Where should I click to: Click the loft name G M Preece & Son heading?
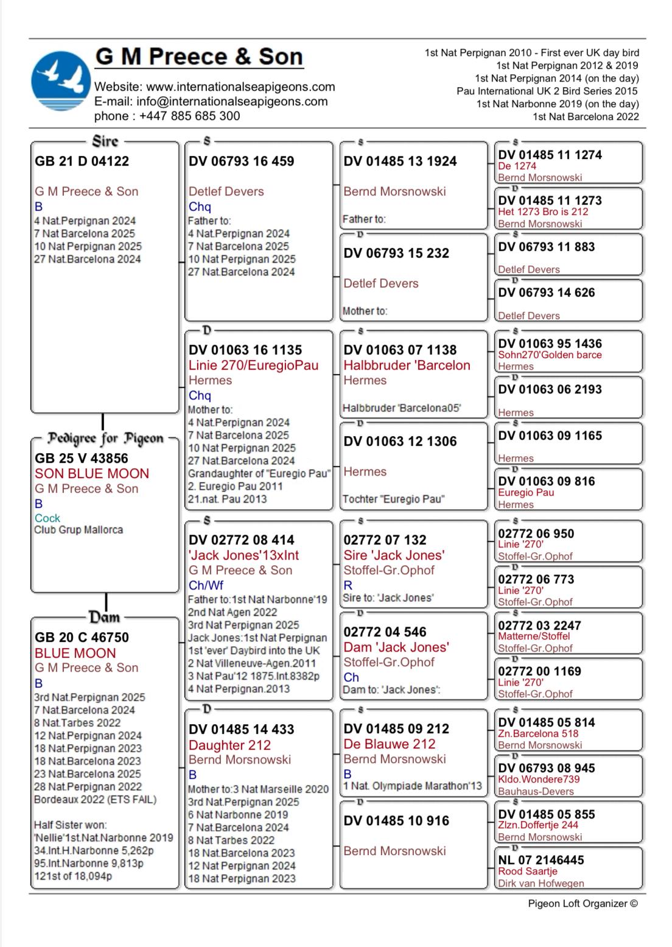[199, 57]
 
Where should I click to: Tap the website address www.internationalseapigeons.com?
[240, 86]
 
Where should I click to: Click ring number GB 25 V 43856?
[82, 459]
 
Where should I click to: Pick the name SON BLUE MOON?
[92, 474]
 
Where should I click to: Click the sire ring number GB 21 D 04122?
[82, 161]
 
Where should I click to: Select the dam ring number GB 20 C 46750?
[82, 638]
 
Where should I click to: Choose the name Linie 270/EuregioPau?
[253, 365]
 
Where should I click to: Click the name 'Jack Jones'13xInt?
[243, 555]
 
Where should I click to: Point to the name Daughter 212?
[229, 745]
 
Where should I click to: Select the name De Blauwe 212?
[390, 744]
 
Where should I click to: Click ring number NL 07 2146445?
[541, 860]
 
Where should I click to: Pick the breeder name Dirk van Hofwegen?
[541, 883]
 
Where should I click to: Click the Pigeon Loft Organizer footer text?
[583, 904]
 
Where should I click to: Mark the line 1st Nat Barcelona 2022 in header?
[586, 116]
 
